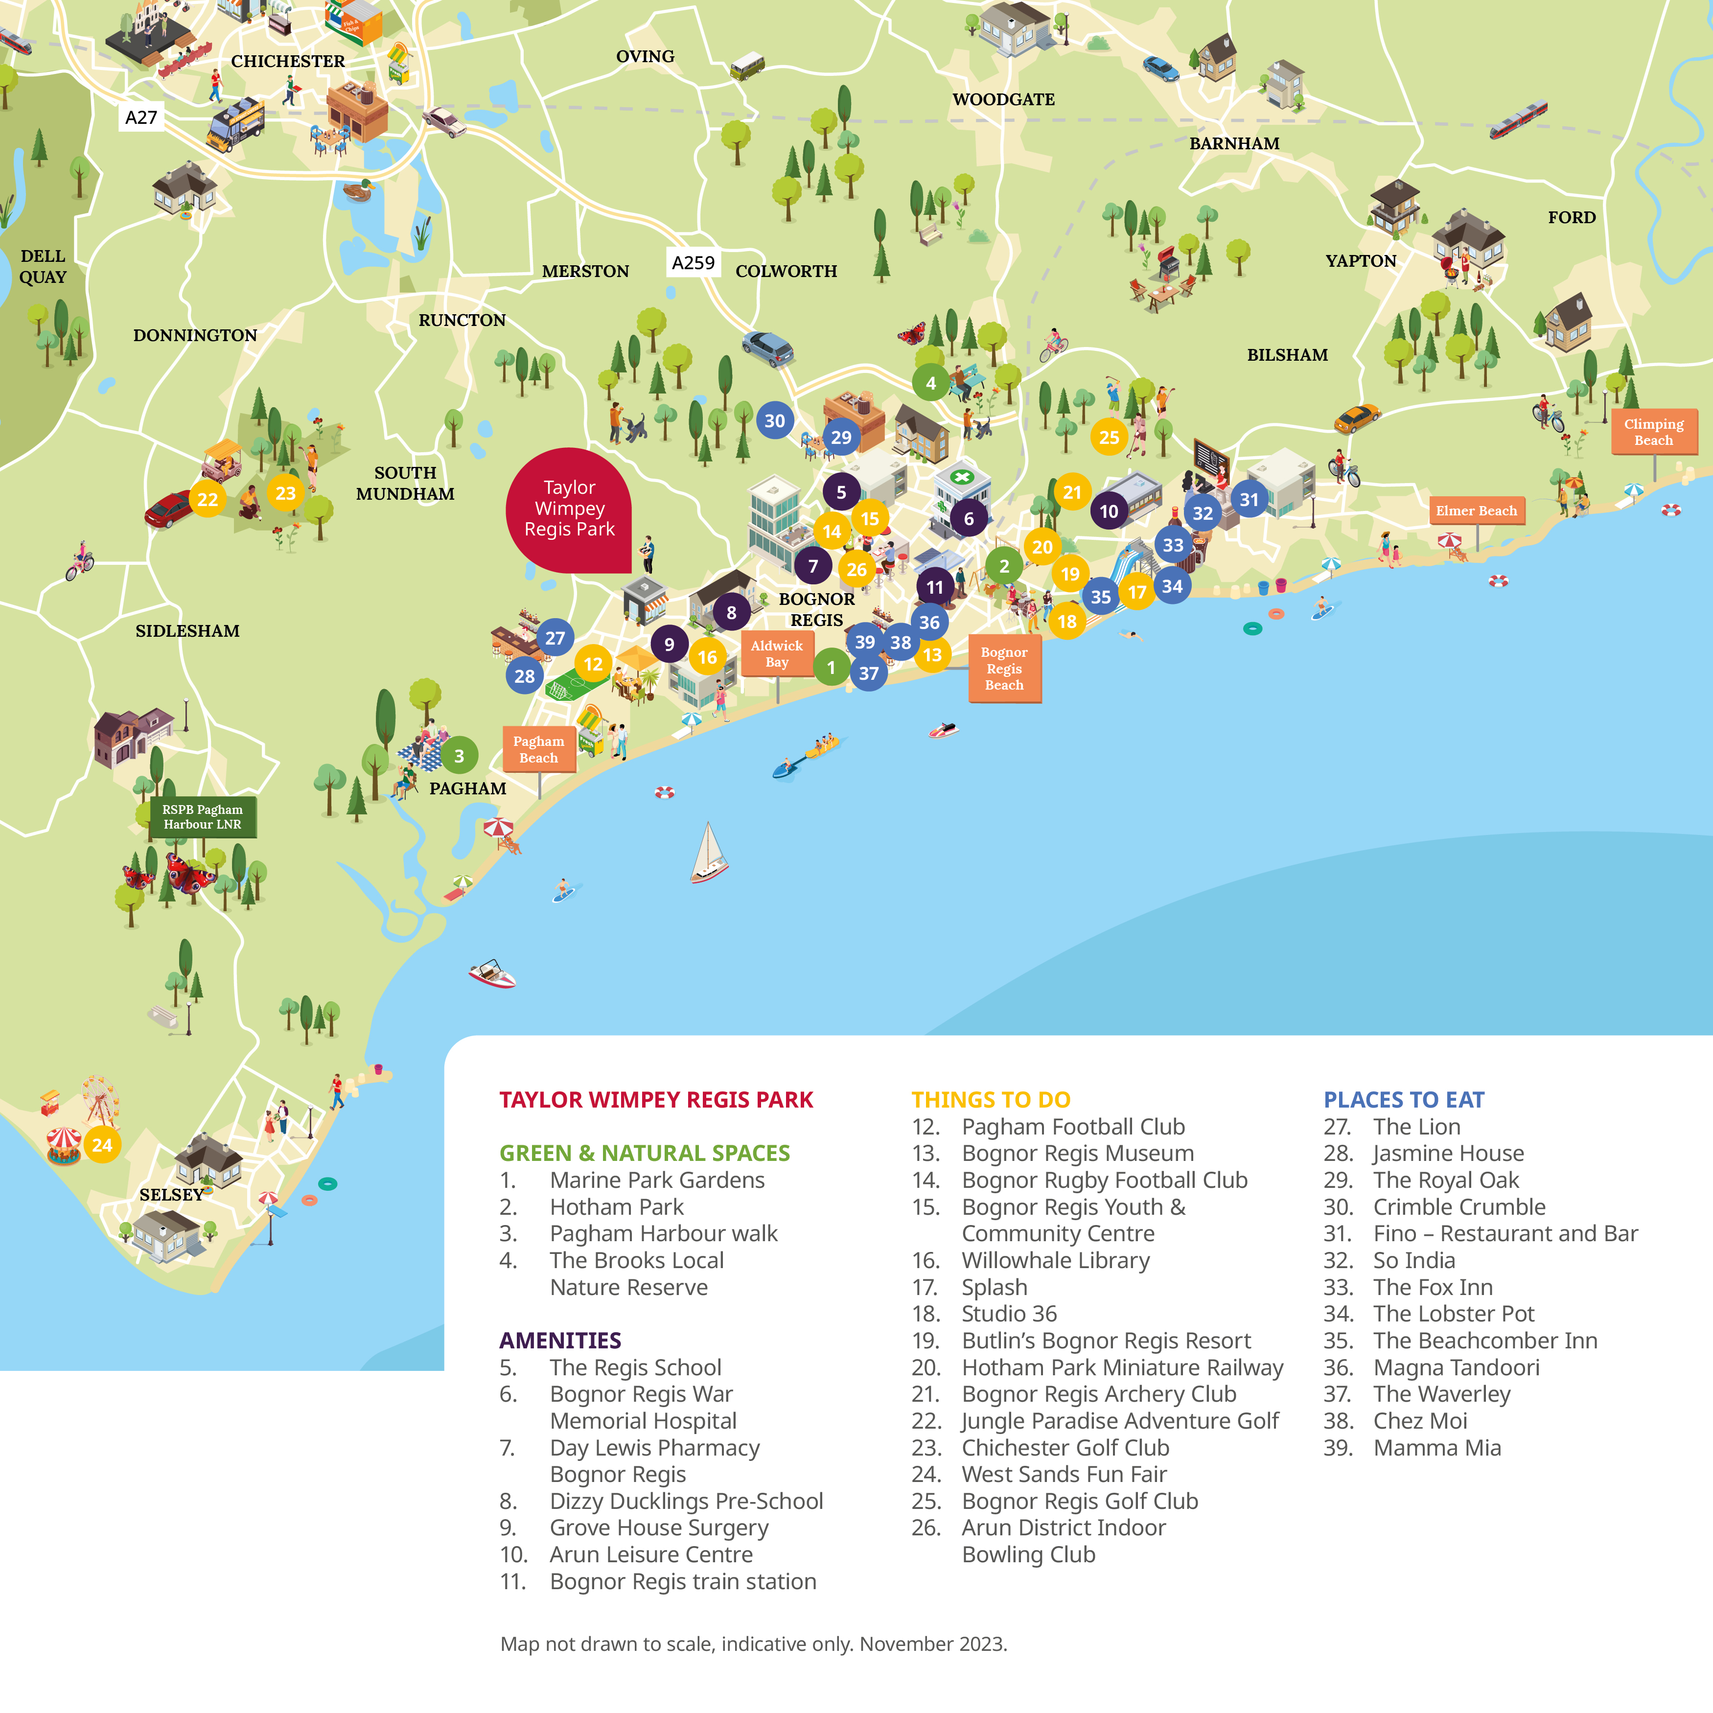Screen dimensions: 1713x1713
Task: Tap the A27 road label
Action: (x=141, y=117)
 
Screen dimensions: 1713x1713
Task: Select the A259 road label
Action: (x=693, y=262)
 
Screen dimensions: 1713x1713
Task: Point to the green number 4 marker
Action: (x=930, y=383)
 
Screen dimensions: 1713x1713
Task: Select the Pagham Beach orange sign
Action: (x=538, y=749)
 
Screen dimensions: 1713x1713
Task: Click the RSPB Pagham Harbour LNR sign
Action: (x=202, y=816)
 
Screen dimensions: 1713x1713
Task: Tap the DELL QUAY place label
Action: (x=43, y=266)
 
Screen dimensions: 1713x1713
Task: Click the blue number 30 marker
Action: (x=774, y=421)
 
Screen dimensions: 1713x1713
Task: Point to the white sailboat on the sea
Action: (x=708, y=853)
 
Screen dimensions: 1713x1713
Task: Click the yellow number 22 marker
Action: (x=208, y=499)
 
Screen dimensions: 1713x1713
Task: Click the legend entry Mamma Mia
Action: (x=1436, y=1448)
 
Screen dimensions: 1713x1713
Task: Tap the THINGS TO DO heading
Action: (x=991, y=1099)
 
